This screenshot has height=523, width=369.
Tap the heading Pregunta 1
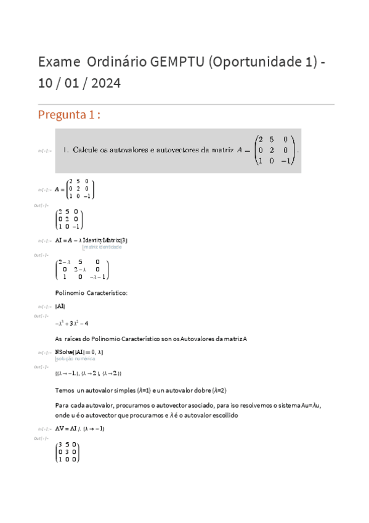tap(69, 115)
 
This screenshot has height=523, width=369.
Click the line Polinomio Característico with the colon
tap(91, 292)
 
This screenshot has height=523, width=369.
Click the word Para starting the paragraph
tap(62, 405)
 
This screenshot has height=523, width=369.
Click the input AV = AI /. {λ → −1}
tap(79, 429)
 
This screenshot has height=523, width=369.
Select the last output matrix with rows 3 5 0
tap(67, 452)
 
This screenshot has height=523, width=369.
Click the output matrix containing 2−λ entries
tap(82, 270)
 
